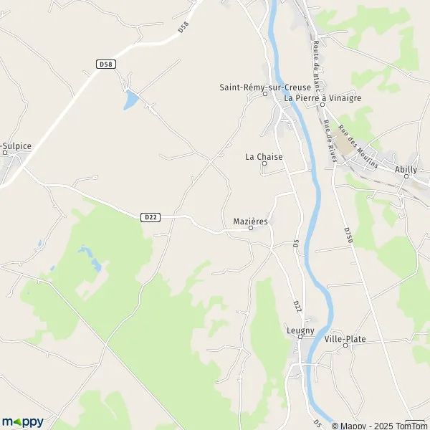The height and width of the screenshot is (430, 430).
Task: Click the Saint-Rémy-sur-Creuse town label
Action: pyautogui.click(x=256, y=87)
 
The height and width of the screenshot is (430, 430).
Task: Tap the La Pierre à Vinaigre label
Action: pyautogui.click(x=322, y=97)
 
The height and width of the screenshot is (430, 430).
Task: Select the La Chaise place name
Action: pyautogui.click(x=264, y=156)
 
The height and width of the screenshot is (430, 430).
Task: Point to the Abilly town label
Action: pyautogui.click(x=406, y=170)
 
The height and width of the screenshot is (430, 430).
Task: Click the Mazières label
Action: pyautogui.click(x=251, y=221)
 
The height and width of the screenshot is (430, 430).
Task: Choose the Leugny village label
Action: pyautogui.click(x=300, y=330)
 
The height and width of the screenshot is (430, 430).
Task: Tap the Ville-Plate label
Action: pyautogui.click(x=345, y=338)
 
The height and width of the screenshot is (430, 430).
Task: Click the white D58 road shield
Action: pyautogui.click(x=106, y=64)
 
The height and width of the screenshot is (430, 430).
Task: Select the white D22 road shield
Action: pyautogui.click(x=150, y=216)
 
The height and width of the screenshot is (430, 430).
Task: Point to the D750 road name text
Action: pyautogui.click(x=348, y=236)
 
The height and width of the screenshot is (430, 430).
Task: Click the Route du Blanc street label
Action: pyautogui.click(x=315, y=60)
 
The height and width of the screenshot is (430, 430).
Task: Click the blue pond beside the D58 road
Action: pyautogui.click(x=130, y=100)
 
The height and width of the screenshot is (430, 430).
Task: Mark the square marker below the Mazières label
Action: pyautogui.click(x=251, y=229)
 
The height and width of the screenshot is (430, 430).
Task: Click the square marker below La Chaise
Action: pyautogui.click(x=264, y=163)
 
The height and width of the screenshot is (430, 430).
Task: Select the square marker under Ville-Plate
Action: pyautogui.click(x=345, y=345)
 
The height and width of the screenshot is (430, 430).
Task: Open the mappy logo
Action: pyautogui.click(x=22, y=421)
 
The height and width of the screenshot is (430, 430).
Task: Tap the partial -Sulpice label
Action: pyautogui.click(x=16, y=145)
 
